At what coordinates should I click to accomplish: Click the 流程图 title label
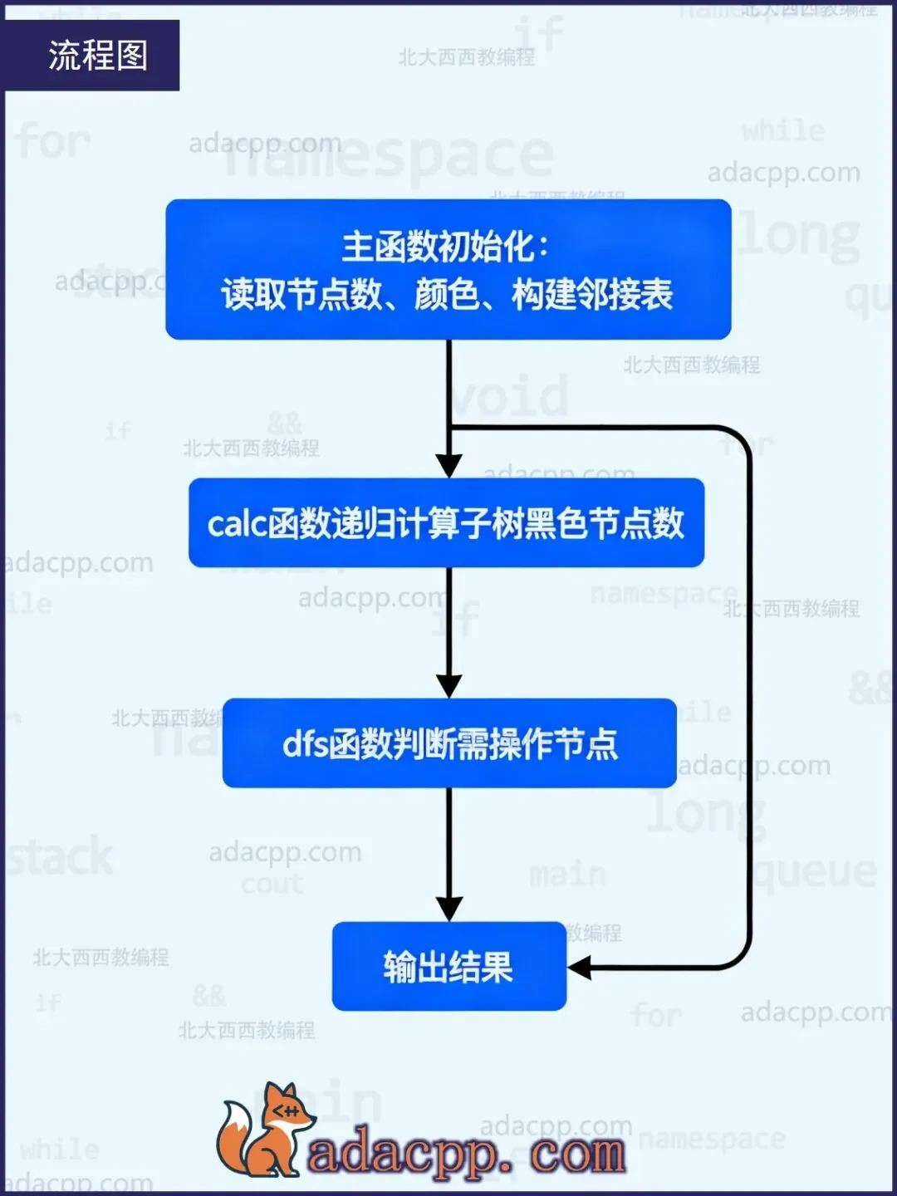[x=97, y=56]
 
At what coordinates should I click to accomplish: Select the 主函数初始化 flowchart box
[x=448, y=269]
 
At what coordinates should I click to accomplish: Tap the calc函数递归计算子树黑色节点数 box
[x=446, y=523]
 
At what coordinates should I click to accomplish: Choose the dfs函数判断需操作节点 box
[x=449, y=743]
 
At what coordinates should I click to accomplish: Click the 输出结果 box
[x=448, y=967]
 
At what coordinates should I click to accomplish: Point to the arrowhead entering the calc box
[x=449, y=465]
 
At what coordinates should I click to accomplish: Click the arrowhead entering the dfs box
[x=449, y=685]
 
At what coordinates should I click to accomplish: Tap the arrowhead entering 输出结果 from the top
[x=449, y=909]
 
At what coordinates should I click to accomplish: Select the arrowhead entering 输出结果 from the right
[x=580, y=968]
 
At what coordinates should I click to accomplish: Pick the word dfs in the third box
[x=305, y=744]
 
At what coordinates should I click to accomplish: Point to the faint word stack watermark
[x=60, y=857]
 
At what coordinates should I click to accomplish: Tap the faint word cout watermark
[x=272, y=884]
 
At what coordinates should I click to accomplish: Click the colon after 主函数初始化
[x=543, y=248]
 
